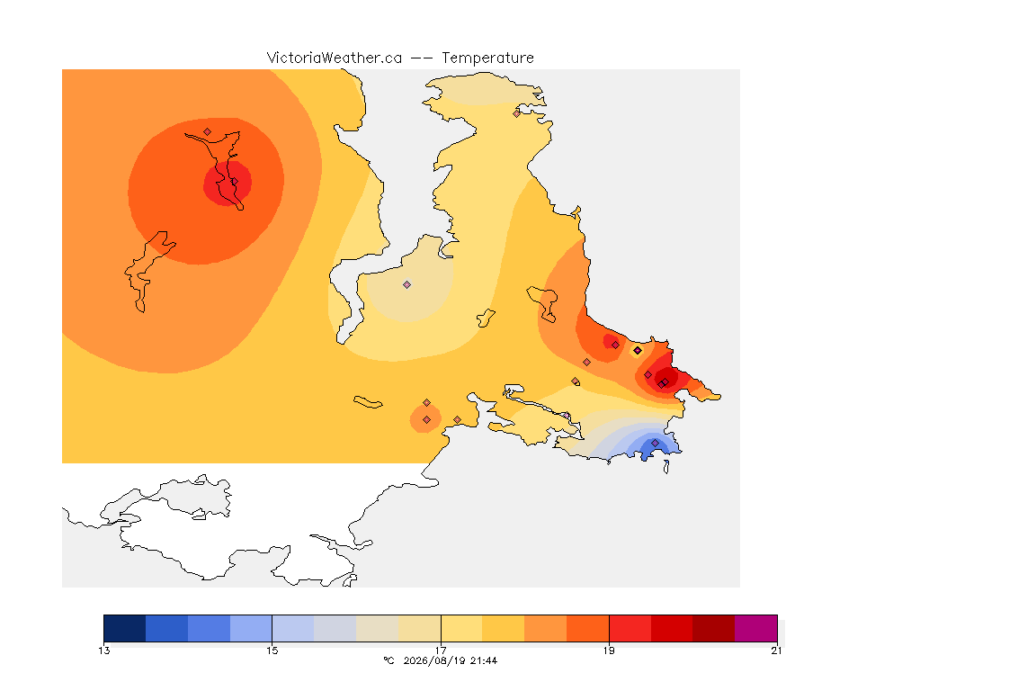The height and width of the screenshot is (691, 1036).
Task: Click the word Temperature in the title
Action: point(487,58)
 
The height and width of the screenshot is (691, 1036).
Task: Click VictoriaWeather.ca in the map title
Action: point(335,58)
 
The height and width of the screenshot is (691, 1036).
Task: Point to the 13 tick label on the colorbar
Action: point(103,651)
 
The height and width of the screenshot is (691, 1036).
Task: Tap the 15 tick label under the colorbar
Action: point(272,651)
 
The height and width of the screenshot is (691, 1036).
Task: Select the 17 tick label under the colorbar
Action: point(441,651)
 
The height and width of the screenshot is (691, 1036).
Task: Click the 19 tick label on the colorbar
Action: point(609,651)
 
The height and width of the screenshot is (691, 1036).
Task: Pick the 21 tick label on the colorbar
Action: point(776,651)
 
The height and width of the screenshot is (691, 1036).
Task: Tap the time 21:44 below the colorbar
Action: point(484,660)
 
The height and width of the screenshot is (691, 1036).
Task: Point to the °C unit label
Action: point(389,660)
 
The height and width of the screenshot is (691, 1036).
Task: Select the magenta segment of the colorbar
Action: point(755,628)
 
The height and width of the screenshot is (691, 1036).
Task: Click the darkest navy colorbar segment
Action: point(125,628)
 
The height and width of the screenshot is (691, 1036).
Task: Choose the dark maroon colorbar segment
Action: point(713,628)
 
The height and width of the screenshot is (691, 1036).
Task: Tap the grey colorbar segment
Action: point(335,628)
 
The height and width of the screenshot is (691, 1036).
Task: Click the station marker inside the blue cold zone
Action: point(655,443)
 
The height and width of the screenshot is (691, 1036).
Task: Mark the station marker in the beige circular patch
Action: point(407,285)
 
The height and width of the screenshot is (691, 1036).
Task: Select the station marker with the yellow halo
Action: point(638,351)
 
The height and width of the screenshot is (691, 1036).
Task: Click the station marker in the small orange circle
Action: point(427,420)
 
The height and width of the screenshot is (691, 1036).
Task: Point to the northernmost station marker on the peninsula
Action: point(517,113)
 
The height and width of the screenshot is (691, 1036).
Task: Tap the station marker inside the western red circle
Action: point(234,182)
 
